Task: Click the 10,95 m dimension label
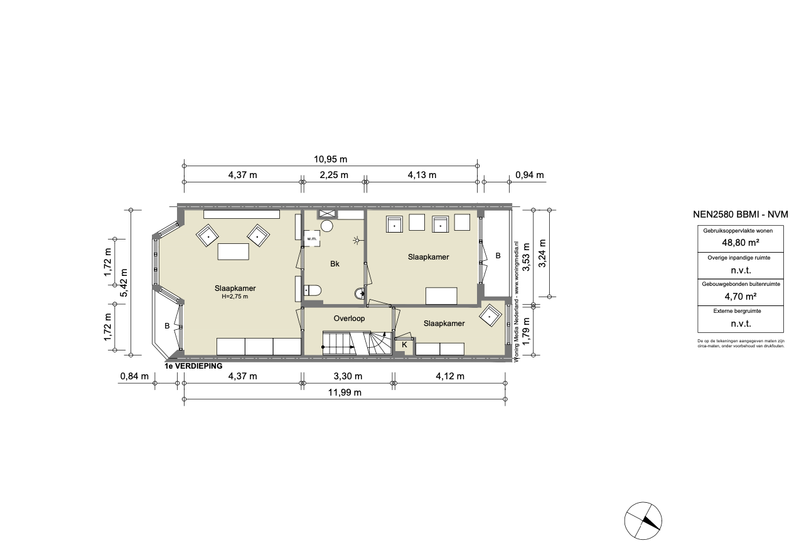[330, 159]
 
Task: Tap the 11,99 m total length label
[345, 392]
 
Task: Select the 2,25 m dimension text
[334, 175]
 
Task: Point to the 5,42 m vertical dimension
[124, 283]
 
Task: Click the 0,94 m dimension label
[530, 175]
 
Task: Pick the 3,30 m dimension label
[348, 376]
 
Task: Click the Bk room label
[335, 264]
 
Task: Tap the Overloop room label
[349, 318]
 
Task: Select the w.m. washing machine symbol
[312, 239]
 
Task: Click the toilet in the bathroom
[313, 290]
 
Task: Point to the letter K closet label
[404, 345]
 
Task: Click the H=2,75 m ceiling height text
[235, 297]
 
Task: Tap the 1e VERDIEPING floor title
[193, 366]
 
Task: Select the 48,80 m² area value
[741, 243]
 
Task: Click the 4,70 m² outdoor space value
[741, 297]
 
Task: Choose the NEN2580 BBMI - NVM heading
[741, 214]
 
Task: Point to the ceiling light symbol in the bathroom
[357, 241]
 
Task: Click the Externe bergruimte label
[737, 311]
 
